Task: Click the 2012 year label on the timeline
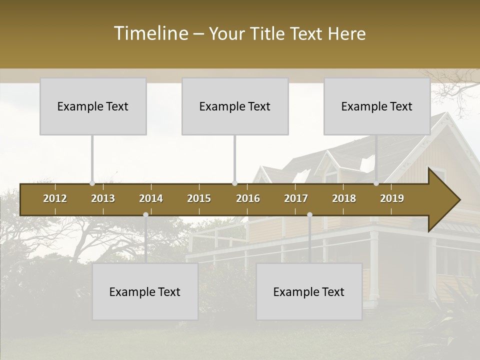[55, 198]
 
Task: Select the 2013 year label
[103, 198]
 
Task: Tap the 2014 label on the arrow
[151, 198]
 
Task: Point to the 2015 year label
[199, 198]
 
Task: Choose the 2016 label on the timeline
[248, 198]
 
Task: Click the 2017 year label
[296, 198]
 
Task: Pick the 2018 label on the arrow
[344, 198]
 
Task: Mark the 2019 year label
[392, 198]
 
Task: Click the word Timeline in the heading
[150, 33]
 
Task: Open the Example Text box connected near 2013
[93, 106]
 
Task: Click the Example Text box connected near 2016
[235, 106]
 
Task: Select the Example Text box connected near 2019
[377, 106]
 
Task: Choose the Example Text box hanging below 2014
[145, 291]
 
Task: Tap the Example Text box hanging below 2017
[309, 291]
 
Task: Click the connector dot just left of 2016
[235, 183]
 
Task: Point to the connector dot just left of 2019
[376, 183]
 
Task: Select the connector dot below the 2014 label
[145, 214]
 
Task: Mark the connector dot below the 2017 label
[309, 214]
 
